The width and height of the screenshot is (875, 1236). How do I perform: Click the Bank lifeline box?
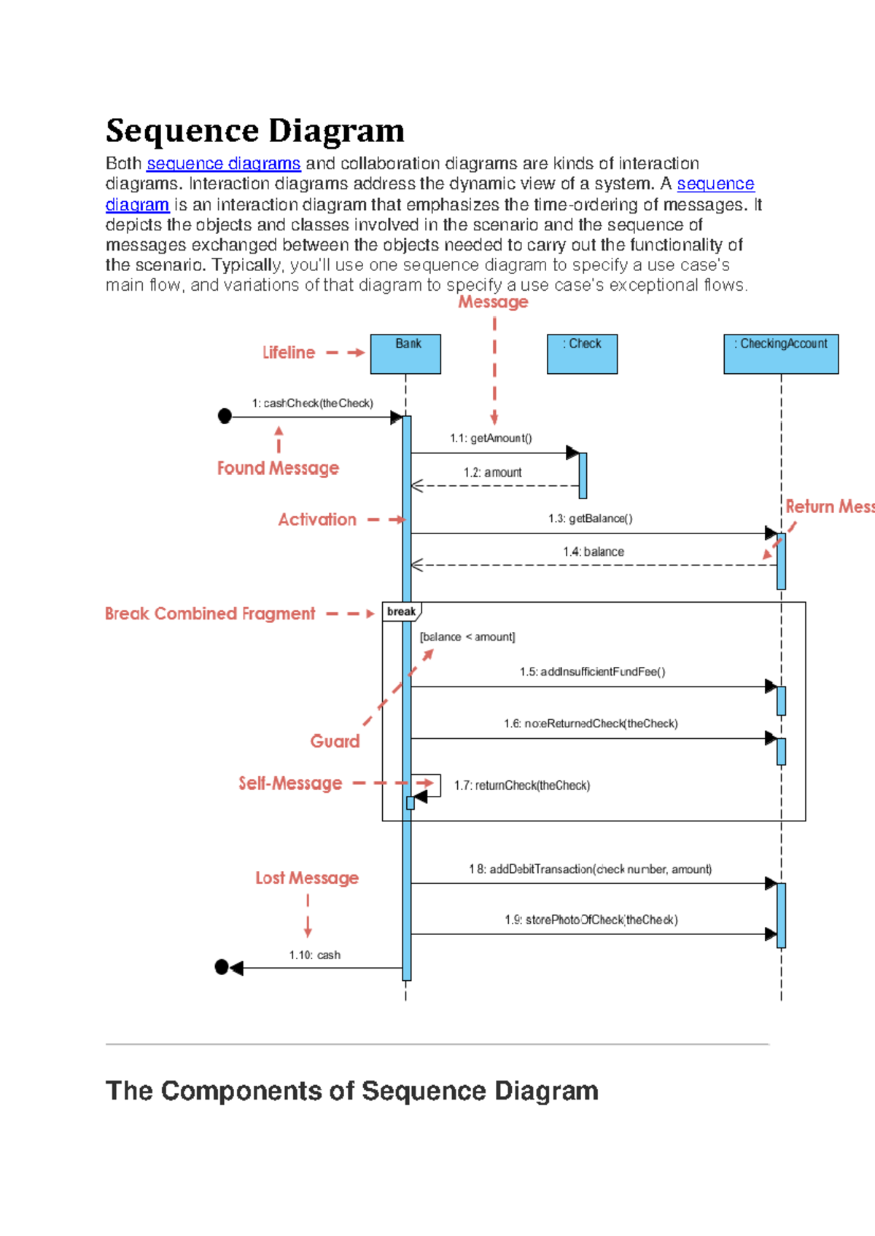[405, 354]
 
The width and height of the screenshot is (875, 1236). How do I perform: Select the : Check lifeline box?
[582, 354]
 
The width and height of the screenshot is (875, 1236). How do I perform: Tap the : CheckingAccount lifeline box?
[781, 354]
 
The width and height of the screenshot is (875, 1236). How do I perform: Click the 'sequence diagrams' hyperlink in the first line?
[223, 164]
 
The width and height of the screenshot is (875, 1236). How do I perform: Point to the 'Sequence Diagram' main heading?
[254, 131]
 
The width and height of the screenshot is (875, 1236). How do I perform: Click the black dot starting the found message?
[225, 416]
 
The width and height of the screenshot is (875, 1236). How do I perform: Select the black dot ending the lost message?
[222, 967]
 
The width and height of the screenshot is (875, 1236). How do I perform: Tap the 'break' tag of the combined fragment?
[401, 611]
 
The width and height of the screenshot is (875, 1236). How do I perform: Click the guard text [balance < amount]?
[467, 637]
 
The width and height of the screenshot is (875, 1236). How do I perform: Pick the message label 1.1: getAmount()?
[491, 438]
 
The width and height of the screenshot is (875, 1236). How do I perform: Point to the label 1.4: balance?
[593, 552]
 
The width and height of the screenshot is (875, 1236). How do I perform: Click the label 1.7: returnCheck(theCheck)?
[521, 785]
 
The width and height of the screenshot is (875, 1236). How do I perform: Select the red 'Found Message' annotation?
[278, 468]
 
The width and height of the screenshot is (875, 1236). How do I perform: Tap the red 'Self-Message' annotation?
[290, 783]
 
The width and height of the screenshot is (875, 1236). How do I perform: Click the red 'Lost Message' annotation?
[307, 878]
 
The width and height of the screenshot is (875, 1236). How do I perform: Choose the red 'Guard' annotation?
[335, 741]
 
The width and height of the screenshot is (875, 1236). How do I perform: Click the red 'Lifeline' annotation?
[289, 353]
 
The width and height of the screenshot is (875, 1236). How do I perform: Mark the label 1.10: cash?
[314, 955]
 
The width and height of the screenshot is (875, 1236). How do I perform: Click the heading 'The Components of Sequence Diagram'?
[351, 1091]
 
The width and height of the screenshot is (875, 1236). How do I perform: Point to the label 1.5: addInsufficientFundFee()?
[592, 671]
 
